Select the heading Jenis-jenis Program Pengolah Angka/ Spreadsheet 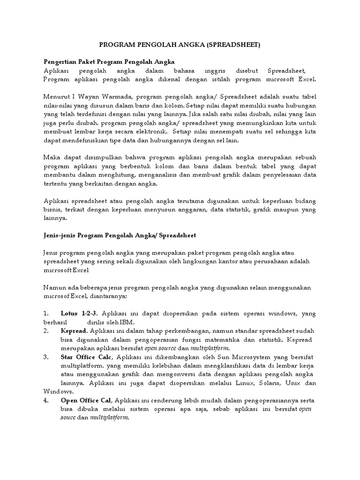(120, 235)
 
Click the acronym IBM (127, 322)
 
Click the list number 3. (45, 357)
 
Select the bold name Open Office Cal (86, 400)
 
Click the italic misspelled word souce (70, 418)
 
